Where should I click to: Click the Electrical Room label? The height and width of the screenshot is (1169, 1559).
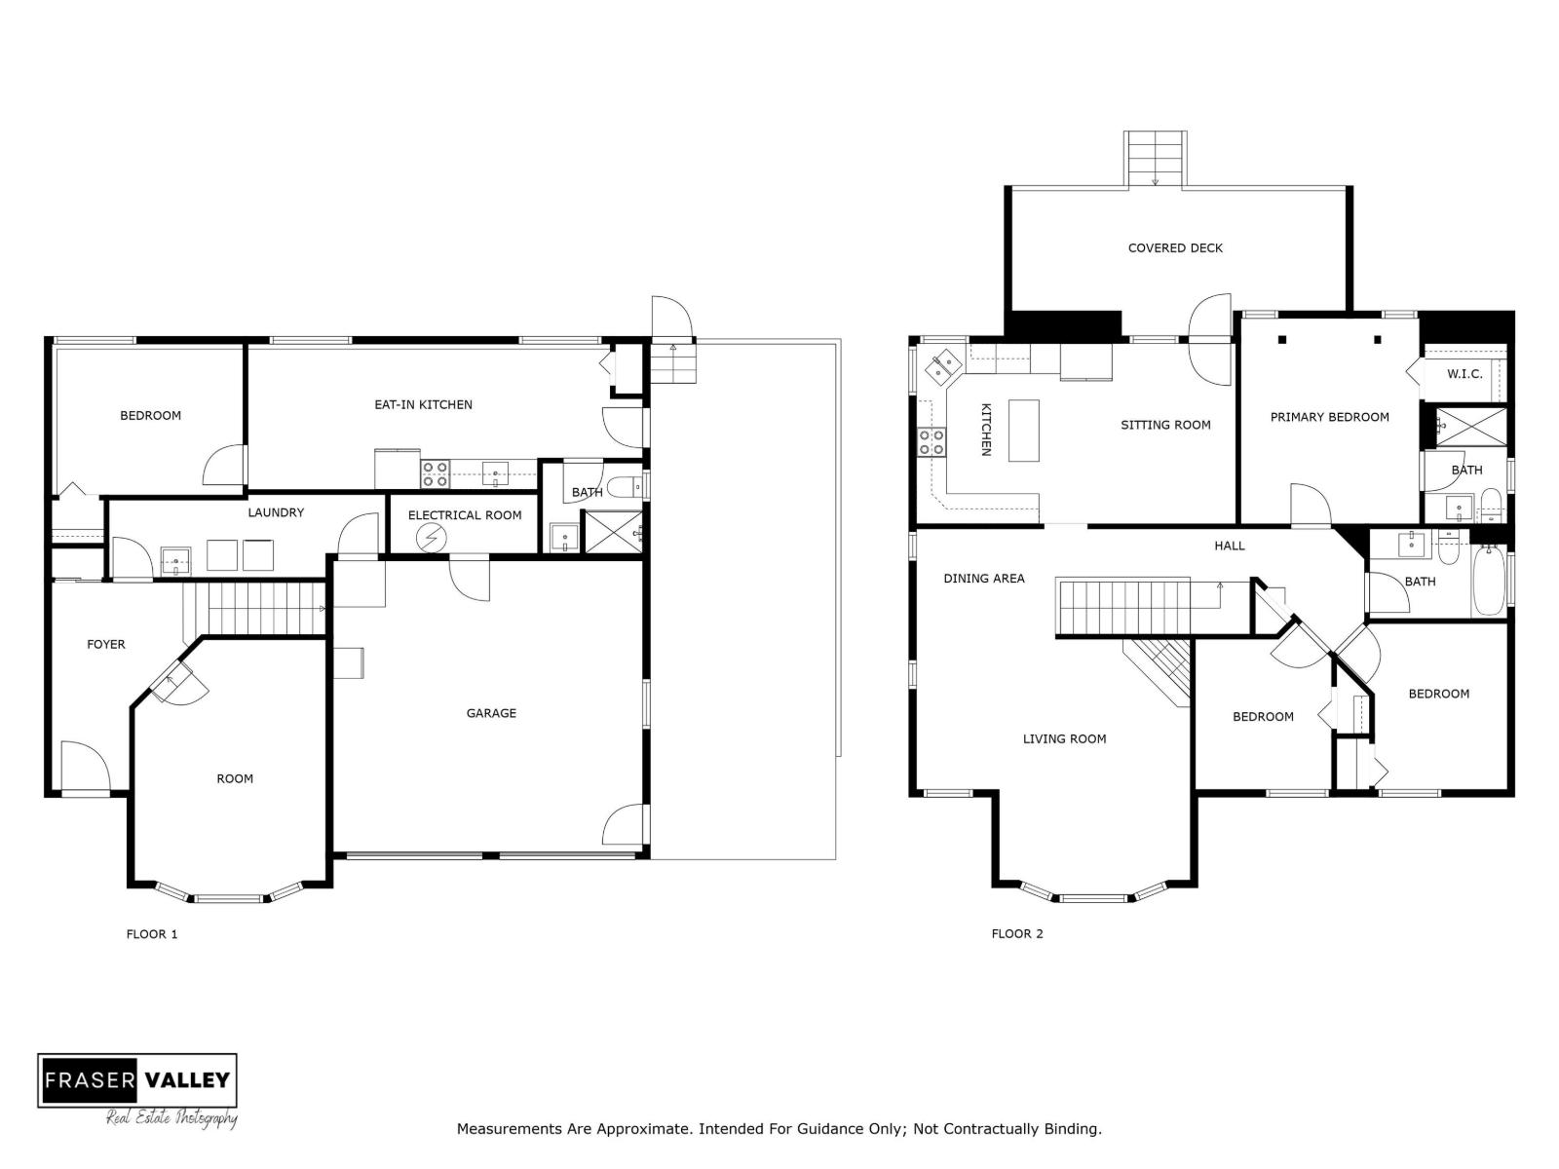[x=465, y=515]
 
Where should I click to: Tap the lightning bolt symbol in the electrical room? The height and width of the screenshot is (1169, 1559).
[x=431, y=538]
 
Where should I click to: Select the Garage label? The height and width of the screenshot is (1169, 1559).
[x=491, y=713]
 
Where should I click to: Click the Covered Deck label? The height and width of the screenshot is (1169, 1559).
[x=1175, y=247]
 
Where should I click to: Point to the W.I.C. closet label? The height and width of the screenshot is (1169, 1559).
[x=1464, y=374]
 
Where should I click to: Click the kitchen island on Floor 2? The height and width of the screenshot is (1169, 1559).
[x=1023, y=430]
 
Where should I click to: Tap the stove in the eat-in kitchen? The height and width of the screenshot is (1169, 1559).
[x=435, y=474]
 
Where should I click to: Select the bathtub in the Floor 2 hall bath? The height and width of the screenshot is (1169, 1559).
[x=1488, y=582]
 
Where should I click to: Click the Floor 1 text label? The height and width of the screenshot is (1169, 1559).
[x=152, y=934]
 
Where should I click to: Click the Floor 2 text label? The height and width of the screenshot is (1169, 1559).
[x=1017, y=934]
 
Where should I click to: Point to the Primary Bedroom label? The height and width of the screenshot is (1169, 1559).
[x=1329, y=417]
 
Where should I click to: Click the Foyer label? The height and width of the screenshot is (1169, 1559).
[x=106, y=644]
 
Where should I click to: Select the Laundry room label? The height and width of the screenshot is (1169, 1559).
[x=276, y=512]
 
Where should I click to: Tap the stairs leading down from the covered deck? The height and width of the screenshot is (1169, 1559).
[x=1156, y=159]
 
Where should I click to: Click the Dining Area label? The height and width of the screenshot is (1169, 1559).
[x=983, y=579]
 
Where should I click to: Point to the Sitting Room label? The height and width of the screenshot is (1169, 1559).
[x=1165, y=425]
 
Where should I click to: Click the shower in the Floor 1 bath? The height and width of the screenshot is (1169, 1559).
[x=613, y=532]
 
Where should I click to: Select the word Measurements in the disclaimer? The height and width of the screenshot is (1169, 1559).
[x=510, y=1129]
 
